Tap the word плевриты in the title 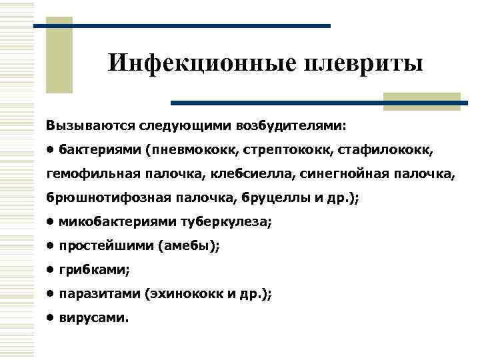[x=363, y=64]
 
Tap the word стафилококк [x=390, y=150]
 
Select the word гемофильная [x=93, y=175]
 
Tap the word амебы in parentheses [x=189, y=247]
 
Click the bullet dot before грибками [x=50, y=270]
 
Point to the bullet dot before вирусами [x=50, y=317]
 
